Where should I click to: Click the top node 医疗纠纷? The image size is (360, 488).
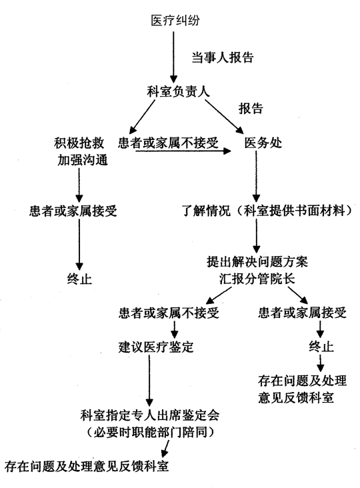point(175,21)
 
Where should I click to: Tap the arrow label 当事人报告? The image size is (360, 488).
point(223,57)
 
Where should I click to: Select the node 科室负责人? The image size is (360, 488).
point(178,91)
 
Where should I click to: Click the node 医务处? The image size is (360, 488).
point(263,143)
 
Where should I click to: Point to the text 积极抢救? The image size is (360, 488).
point(79,143)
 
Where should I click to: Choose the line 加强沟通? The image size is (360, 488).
point(83,160)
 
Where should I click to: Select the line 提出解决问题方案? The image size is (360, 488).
point(257,261)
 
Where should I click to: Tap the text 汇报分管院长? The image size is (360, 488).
point(257,279)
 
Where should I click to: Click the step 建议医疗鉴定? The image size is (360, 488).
point(156,347)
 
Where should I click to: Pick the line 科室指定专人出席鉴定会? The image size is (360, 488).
point(150,415)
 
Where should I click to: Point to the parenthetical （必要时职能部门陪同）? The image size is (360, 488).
point(150,432)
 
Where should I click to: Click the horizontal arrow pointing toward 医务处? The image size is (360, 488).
point(183,151)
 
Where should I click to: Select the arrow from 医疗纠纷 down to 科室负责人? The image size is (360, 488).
point(173,57)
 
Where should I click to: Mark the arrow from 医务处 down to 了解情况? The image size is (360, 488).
point(256,177)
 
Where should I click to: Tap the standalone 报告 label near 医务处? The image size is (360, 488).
point(251,108)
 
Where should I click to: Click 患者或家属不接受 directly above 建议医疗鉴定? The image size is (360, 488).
point(169,313)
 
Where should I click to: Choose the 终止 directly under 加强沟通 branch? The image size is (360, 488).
point(79,279)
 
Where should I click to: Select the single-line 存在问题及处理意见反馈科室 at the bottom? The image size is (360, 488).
point(87,466)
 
